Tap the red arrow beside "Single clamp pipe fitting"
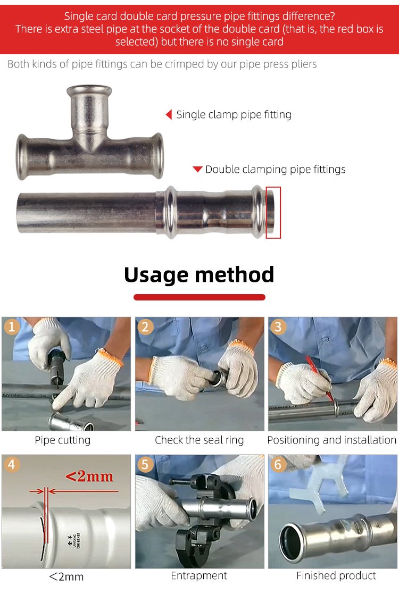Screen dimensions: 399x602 pos(169,114)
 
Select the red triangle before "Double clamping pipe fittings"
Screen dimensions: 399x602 pos(197,169)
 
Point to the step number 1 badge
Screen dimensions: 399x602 pos(12,327)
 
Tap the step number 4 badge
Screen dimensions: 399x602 pos(12,464)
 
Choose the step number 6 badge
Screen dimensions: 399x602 pos(278,464)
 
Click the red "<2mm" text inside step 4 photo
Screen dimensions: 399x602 pos(89,476)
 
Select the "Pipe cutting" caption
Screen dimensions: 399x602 pos(63,440)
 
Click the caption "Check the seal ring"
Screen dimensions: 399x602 pos(199,440)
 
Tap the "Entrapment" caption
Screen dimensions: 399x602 pos(199,575)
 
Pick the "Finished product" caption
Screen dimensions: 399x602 pos(336,575)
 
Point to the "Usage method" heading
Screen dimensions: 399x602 pos(199,274)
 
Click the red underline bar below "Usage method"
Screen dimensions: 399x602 pos(199,297)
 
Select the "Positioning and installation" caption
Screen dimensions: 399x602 pos(332,440)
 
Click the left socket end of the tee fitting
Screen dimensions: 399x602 pos(22,157)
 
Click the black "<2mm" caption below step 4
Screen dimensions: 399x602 pos(66,576)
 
